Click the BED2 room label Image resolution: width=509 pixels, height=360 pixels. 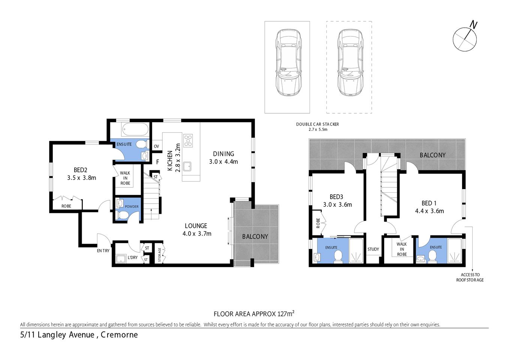[x=81, y=170]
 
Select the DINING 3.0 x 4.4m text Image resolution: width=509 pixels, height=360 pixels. [x=223, y=157]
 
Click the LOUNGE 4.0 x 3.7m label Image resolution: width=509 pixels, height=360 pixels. [x=196, y=229]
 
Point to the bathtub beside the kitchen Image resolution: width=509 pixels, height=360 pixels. [x=135, y=130]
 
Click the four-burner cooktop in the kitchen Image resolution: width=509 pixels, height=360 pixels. [x=188, y=141]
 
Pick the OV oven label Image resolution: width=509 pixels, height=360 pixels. [x=156, y=146]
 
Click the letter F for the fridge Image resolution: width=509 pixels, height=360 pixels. [x=158, y=162]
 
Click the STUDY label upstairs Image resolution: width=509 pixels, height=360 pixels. [x=373, y=249]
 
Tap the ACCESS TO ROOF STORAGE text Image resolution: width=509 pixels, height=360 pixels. [x=470, y=277]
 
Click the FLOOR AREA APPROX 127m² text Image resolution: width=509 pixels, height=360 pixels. [x=254, y=314]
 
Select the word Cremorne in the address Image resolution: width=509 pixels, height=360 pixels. [x=120, y=335]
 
